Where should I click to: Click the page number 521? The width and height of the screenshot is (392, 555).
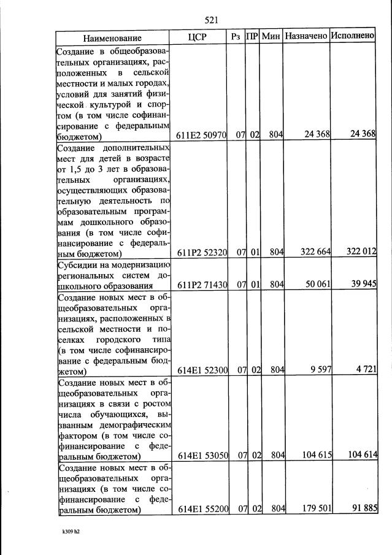pos(212,20)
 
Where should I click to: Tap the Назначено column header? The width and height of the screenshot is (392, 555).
pos(306,37)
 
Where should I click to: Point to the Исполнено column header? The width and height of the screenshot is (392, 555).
pos(353,36)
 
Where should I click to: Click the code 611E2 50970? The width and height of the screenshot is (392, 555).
pos(202,136)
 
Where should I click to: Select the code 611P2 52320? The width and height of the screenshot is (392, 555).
pos(202,253)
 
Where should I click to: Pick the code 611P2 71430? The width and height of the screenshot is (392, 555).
pos(202,285)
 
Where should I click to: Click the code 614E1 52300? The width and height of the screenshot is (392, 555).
pos(202,370)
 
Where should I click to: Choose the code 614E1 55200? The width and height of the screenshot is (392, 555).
pos(202,510)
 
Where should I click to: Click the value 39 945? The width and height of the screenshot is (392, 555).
pos(360,285)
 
